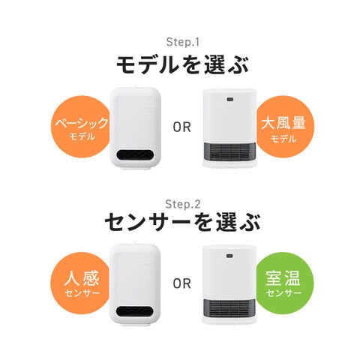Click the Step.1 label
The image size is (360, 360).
183,42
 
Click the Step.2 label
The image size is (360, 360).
183,204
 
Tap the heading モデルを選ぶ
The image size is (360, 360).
183,65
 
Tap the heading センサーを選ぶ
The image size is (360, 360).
183,222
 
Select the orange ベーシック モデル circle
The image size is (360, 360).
80,127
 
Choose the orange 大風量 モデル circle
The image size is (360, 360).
284,127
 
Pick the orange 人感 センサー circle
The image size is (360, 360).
80,283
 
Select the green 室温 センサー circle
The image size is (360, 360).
284,283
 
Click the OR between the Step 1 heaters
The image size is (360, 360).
182,127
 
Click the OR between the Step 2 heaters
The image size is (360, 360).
182,283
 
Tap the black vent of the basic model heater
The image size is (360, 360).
135,155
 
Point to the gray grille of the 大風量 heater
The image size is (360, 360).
229,151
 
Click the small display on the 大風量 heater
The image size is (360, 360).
230,99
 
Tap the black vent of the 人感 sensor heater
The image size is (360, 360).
135,311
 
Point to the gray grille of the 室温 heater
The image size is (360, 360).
229,307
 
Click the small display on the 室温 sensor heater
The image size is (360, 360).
230,256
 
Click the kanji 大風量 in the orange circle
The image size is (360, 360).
283,123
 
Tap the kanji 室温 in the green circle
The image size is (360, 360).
283,278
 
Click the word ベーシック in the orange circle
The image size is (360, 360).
82,123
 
